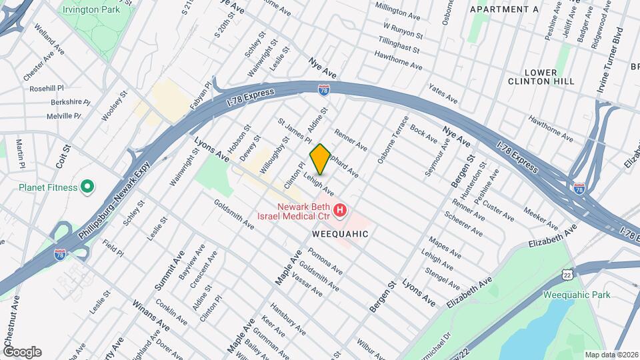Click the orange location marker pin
click(320, 159)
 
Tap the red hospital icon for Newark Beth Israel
click(340, 211)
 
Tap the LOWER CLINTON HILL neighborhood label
click(541, 76)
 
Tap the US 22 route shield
click(567, 275)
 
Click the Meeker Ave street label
click(541, 217)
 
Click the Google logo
click(22, 352)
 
